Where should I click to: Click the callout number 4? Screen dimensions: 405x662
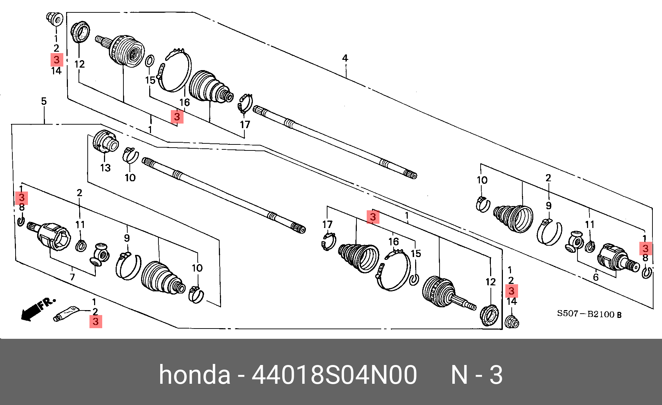[345, 58]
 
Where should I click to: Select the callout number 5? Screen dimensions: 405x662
[44, 101]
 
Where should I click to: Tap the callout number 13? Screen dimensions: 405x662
[105, 168]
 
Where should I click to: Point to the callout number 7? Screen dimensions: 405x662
[72, 277]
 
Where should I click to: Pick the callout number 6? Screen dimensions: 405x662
[596, 277]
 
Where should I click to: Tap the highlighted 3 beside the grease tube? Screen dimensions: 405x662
[95, 322]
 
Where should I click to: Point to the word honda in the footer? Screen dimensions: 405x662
[194, 375]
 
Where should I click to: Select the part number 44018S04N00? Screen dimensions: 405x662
[334, 375]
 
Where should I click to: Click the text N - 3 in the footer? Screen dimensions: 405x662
[476, 375]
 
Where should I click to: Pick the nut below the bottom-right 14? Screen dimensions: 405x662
[512, 322]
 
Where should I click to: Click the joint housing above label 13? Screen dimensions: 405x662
[105, 142]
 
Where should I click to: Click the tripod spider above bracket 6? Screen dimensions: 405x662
[575, 242]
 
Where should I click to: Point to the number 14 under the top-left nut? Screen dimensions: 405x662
[56, 71]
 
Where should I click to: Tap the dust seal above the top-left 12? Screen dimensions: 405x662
[80, 32]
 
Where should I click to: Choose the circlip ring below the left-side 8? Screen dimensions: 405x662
[21, 222]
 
